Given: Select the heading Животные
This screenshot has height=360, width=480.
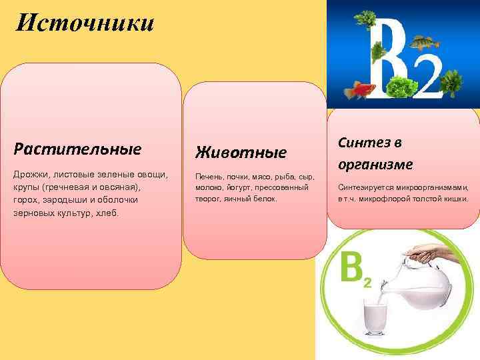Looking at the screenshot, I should point(241,152).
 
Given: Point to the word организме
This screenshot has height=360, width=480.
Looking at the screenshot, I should point(375,164).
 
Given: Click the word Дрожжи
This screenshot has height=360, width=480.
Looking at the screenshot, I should point(30,174).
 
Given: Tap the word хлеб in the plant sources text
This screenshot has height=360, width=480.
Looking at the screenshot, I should point(106,214).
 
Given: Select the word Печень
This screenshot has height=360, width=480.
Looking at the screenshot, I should point(208,177).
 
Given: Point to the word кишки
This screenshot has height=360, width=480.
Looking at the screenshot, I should point(457,199).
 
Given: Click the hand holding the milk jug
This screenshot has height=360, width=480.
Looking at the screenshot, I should point(427,253).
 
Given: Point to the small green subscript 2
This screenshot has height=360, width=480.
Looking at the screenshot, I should point(367,283).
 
